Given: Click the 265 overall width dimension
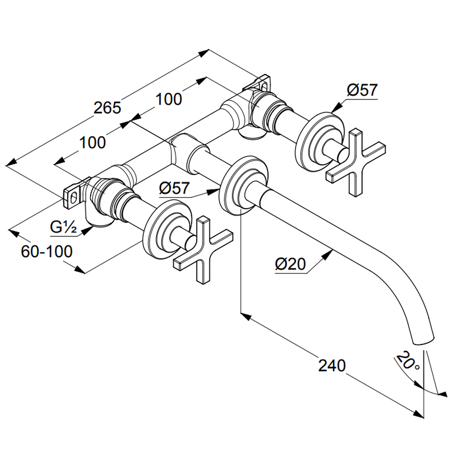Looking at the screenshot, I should pyautogui.click(x=107, y=108).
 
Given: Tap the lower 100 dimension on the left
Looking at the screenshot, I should pyautogui.click(x=92, y=142).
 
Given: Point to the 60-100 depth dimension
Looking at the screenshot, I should pyautogui.click(x=47, y=251).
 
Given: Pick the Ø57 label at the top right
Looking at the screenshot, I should pyautogui.click(x=362, y=90).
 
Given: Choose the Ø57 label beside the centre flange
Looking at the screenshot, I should pyautogui.click(x=174, y=188).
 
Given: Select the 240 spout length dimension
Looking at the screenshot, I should pyautogui.click(x=332, y=365).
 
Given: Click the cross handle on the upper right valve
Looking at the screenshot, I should pyautogui.click(x=356, y=162).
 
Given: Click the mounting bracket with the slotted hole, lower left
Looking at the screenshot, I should pyautogui.click(x=73, y=196).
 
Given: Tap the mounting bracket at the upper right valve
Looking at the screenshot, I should pyautogui.click(x=259, y=84).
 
